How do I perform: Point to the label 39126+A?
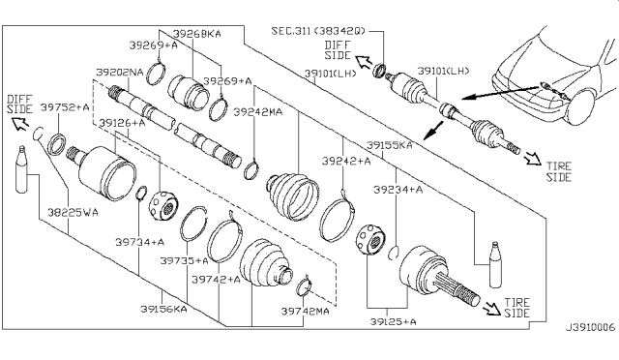[x=122, y=123]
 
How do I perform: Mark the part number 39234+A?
[x=400, y=191]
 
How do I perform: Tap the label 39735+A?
[x=185, y=260]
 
